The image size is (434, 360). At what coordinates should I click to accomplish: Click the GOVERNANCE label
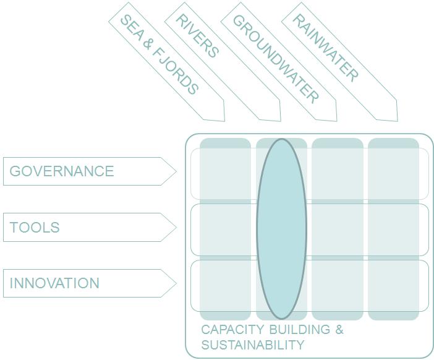click(62, 171)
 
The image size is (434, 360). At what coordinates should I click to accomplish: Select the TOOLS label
click(35, 227)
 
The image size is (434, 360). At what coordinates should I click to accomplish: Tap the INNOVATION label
click(54, 283)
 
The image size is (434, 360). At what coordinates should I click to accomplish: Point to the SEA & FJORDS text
click(159, 54)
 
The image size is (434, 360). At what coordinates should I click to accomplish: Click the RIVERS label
click(197, 36)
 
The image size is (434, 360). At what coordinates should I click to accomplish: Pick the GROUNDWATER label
click(276, 58)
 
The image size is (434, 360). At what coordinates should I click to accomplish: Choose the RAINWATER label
click(325, 48)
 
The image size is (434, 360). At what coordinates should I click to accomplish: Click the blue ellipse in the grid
click(281, 229)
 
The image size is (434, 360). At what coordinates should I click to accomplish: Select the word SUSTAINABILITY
click(253, 345)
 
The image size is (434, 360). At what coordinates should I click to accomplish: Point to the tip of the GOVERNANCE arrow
click(176, 171)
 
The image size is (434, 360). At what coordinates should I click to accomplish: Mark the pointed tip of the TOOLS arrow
click(176, 227)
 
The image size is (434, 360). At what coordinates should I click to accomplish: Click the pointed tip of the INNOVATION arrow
click(176, 283)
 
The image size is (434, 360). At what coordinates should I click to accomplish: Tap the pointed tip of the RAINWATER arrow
click(397, 121)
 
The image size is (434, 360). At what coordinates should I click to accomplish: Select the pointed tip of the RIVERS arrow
click(281, 121)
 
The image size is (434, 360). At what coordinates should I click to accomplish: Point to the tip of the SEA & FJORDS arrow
click(224, 121)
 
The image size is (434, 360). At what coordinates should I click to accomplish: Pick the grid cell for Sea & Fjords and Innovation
click(225, 286)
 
